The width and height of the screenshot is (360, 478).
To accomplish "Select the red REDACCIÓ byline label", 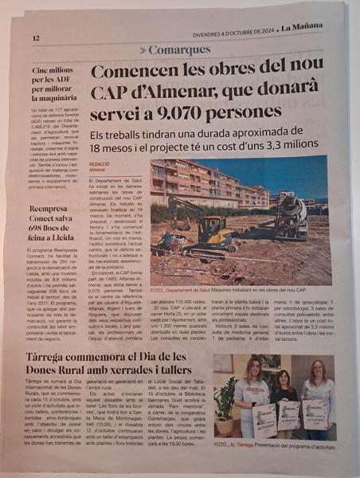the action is tap(100, 163).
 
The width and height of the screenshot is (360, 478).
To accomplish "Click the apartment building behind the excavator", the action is tap(207, 182).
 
